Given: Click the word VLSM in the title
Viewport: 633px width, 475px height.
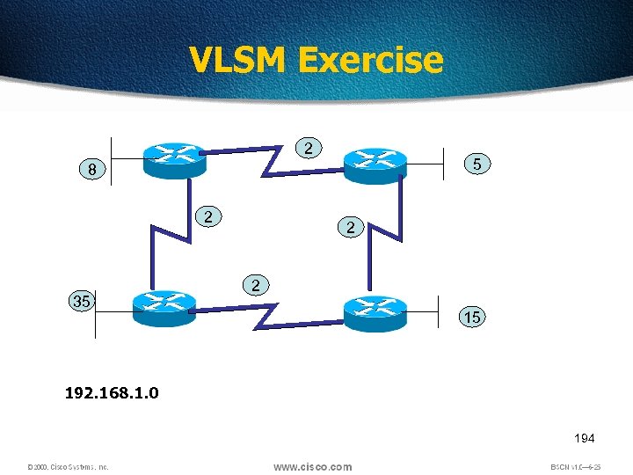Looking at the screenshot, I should (237, 60).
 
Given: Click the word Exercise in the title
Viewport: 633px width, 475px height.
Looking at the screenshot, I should (370, 60).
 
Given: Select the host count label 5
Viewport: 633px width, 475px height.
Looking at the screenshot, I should (476, 164).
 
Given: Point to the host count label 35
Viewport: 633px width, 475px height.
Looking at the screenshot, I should (81, 302).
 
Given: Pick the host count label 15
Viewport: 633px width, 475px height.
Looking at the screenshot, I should (472, 317).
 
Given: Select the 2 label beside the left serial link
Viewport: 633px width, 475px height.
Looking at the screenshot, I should (207, 216).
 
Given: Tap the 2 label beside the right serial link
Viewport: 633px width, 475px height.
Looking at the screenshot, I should (351, 228).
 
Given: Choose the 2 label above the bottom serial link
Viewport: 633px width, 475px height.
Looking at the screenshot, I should (255, 286).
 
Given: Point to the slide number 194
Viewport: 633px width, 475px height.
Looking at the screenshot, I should (584, 437).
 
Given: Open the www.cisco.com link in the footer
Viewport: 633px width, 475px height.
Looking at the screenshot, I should (312, 466).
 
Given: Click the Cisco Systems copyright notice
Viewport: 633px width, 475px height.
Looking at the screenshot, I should (67, 467).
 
